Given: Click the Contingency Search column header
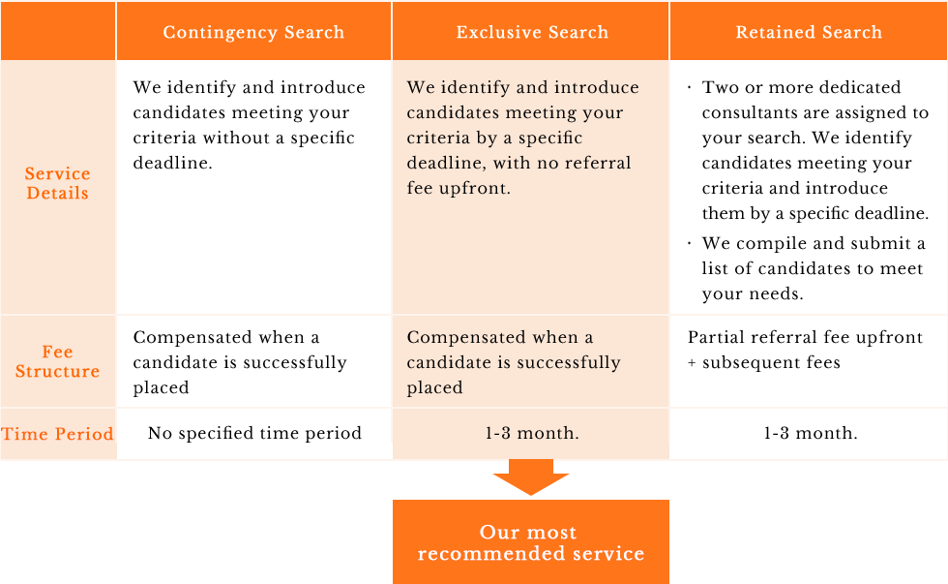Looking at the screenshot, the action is coord(253,31).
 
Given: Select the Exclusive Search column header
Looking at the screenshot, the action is coord(531,31).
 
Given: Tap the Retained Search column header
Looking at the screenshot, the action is coord(809,31).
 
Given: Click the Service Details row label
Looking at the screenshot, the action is coord(57,183).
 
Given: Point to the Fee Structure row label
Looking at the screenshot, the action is coord(57,361).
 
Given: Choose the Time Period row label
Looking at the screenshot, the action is coord(57,434).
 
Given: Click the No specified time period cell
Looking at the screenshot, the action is coord(254,433).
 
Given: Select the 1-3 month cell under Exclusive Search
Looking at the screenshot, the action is coord(531,433).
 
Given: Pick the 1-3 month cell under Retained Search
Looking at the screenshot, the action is coord(811,433).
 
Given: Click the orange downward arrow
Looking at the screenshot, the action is coord(531,476).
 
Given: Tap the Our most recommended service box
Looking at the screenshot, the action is coord(531,542).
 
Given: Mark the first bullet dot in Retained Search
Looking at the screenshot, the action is coord(689,88).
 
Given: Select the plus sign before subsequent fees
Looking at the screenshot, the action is coord(692,363).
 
